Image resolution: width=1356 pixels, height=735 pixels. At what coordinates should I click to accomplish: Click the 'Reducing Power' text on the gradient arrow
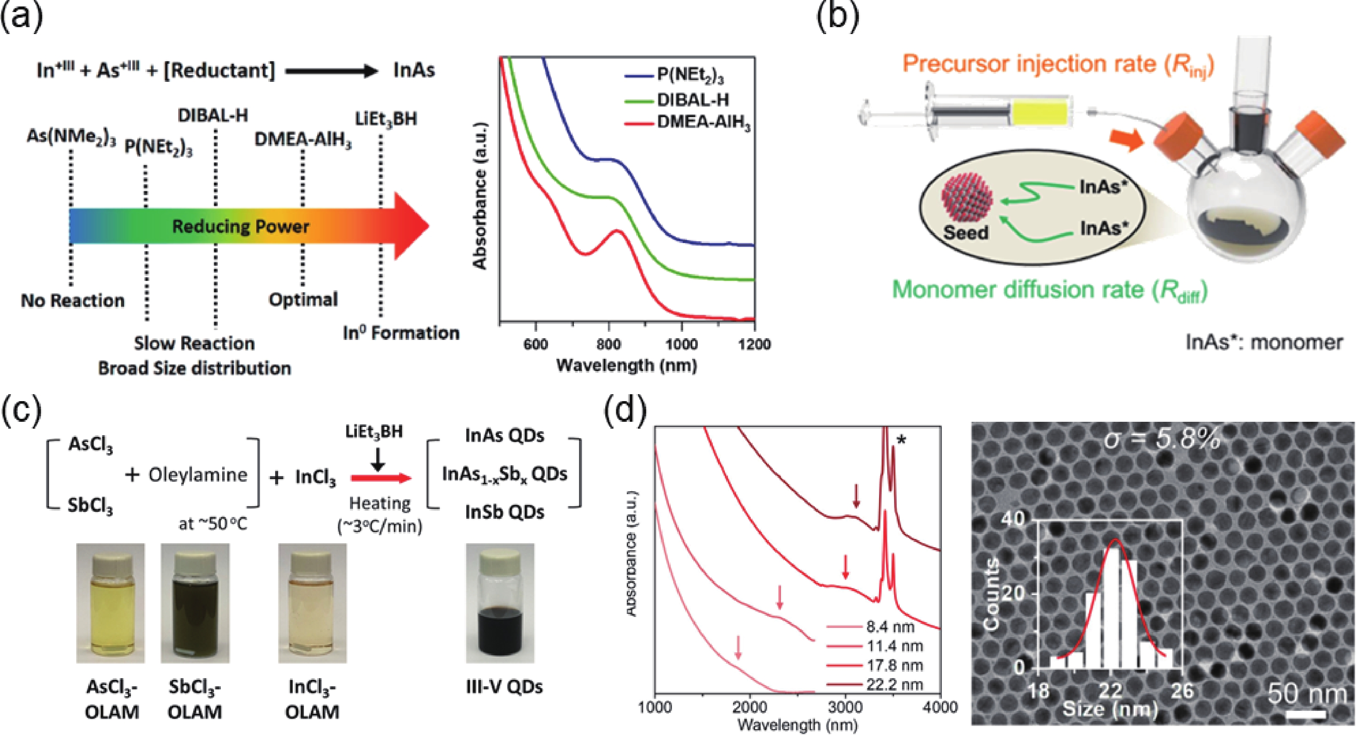coord(241,227)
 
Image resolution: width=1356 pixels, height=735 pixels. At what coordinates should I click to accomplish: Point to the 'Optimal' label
coord(303,299)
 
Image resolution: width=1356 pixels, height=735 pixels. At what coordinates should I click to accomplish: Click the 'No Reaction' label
coord(73,300)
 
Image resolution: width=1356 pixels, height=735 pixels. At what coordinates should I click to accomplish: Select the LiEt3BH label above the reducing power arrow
coord(386,118)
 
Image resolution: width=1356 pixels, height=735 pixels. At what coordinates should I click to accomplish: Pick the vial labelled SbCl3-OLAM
coord(195,602)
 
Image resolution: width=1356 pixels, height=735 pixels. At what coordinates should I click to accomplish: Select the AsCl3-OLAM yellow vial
coord(110,602)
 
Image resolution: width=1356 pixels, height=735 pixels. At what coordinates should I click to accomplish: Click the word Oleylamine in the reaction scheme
coord(198,475)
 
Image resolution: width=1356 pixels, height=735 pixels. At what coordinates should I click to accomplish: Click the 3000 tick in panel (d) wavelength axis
coord(845,707)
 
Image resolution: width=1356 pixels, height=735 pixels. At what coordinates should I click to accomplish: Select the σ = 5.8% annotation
coord(1162,439)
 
